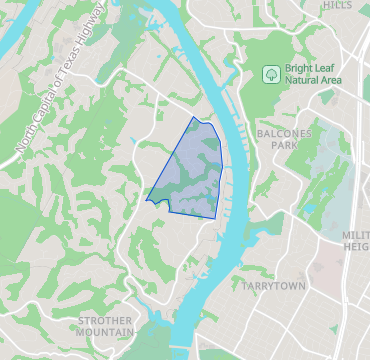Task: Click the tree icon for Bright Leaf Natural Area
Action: click(268, 73)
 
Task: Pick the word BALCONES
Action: click(285, 132)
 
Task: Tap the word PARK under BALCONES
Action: click(285, 145)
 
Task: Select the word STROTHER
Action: click(105, 320)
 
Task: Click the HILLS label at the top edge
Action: click(337, 5)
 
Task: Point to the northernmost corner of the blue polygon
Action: click(194, 117)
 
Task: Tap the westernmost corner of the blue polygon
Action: click(146, 199)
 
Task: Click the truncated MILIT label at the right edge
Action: click(355, 233)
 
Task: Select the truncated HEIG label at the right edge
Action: click(356, 246)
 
